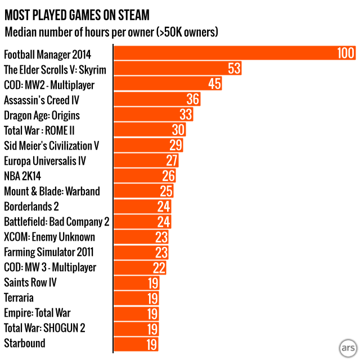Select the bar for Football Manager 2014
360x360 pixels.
[225, 53]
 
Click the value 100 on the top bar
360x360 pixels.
[345, 53]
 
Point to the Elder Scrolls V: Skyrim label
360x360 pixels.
[55, 70]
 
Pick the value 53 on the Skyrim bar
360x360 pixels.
[235, 69]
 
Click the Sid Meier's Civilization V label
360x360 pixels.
[52, 146]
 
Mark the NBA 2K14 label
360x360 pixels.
[22, 176]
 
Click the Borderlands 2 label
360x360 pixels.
[32, 206]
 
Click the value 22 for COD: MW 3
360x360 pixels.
[160, 267]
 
